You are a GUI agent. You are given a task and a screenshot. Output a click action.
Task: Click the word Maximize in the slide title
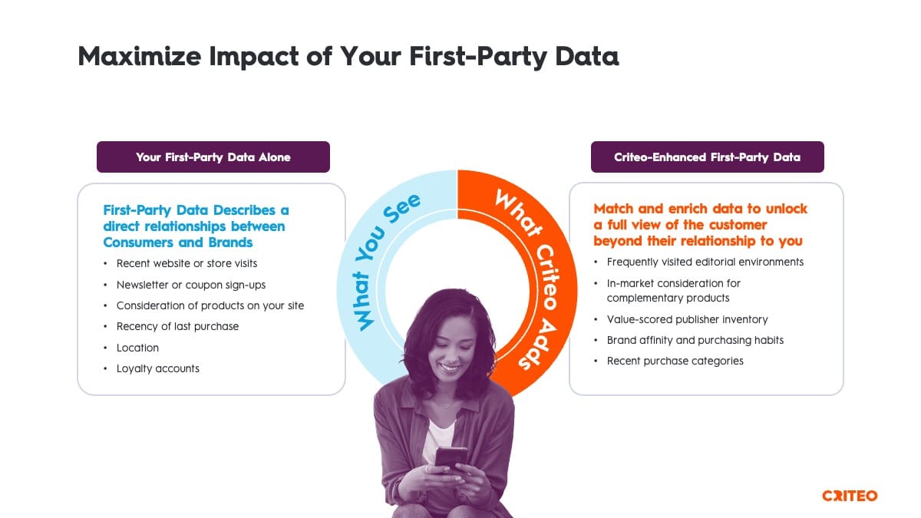click(140, 56)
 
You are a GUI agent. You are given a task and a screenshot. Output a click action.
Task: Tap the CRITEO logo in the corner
click(850, 496)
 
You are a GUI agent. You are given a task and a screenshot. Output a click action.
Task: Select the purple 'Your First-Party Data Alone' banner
click(213, 157)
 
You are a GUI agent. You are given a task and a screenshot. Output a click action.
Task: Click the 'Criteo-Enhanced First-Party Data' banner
click(707, 157)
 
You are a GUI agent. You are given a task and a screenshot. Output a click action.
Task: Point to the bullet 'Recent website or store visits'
click(187, 263)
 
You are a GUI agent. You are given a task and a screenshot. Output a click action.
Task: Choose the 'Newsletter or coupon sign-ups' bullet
click(191, 285)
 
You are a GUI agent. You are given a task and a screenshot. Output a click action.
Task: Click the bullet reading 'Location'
click(137, 348)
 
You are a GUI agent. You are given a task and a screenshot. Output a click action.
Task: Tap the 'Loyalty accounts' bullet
click(158, 369)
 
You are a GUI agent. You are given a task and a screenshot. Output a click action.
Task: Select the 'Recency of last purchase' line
click(177, 326)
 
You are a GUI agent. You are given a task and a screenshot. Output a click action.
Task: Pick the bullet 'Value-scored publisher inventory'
click(688, 319)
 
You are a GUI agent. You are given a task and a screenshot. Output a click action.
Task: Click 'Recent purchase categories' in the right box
click(675, 361)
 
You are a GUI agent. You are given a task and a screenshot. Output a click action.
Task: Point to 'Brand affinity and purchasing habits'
click(695, 341)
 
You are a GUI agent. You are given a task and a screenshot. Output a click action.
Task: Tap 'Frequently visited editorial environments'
click(705, 262)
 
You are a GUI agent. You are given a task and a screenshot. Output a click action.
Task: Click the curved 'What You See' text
click(372, 251)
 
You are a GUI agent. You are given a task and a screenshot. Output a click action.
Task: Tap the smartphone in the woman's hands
click(451, 457)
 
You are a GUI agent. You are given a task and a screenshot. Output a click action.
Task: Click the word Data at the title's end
click(586, 56)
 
